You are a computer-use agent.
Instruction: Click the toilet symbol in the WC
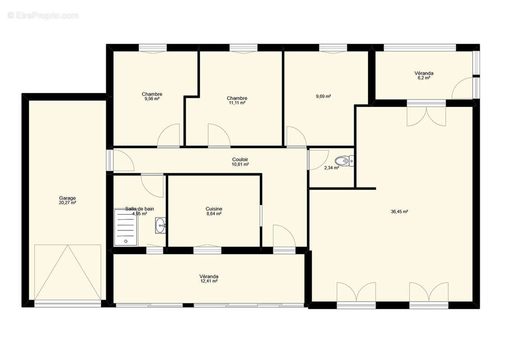coord(344,160)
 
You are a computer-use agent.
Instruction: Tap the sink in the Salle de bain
coord(161,225)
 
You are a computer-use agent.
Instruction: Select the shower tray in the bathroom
coord(125,227)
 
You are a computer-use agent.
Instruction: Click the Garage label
coord(68,198)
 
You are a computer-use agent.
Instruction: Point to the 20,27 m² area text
coord(68,203)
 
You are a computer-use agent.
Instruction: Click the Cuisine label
coord(214,209)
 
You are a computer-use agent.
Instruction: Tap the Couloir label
coord(240,159)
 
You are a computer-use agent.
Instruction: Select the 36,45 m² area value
coord(399,211)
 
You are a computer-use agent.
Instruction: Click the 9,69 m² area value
coord(323,96)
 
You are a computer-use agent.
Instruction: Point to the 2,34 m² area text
coord(332,168)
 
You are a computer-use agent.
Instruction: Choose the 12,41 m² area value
coord(209,281)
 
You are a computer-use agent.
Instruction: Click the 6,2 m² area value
coord(424,78)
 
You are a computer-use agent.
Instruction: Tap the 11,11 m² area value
coord(237,103)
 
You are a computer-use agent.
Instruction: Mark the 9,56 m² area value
coord(152,99)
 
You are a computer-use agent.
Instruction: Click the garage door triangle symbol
coord(68,272)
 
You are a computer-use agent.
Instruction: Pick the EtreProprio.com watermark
coord(43,16)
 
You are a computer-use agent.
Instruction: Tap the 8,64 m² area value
coord(214,214)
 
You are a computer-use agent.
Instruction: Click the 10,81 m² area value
coord(240,165)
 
